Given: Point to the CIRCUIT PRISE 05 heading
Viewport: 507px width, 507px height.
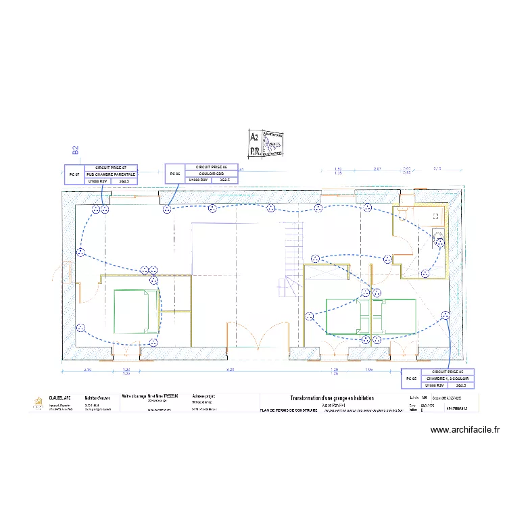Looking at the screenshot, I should coord(448,372).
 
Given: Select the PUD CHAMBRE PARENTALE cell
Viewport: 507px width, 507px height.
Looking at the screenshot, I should coord(110,174).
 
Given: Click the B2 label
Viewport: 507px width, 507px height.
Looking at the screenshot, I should coord(76,150).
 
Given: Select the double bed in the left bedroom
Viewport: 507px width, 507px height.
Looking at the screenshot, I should coord(132,311).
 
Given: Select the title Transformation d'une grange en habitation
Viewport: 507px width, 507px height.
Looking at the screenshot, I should coord(331,399).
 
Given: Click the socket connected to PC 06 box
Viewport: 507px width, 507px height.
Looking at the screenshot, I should coord(166,210).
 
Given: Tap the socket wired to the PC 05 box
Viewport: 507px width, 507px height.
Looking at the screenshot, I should coord(445,315).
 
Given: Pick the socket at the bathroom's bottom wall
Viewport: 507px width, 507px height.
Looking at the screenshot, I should coord(425,273).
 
